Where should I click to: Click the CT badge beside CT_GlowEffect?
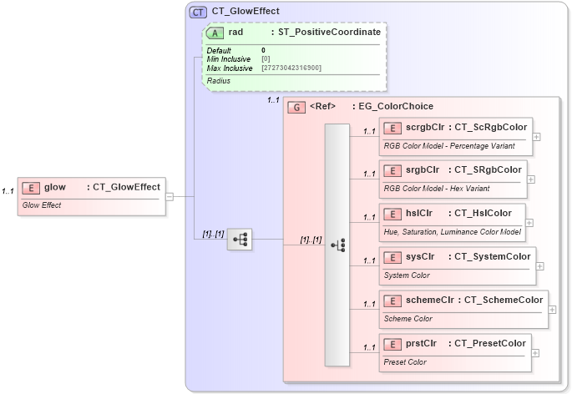tap(198, 12)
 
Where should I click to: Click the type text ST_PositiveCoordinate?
tap(329, 32)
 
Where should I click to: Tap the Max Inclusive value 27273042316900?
tap(291, 67)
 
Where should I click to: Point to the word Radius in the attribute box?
tap(219, 81)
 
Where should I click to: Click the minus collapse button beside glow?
tap(170, 197)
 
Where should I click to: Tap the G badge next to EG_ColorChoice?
tap(296, 107)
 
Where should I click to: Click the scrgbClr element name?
tap(423, 127)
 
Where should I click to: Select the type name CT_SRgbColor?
tap(486, 170)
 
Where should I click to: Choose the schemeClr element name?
tap(430, 300)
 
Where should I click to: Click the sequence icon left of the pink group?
tap(240, 240)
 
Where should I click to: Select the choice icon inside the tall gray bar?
tap(337, 245)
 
